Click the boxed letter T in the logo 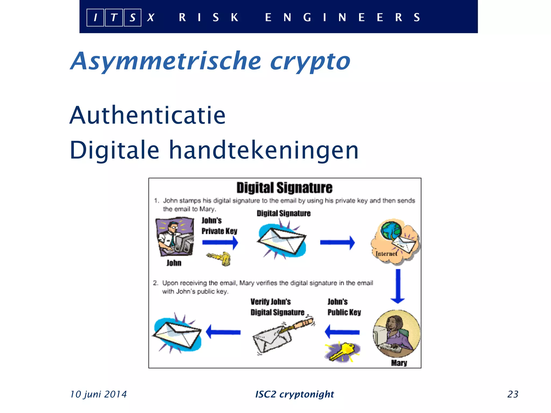tap(114, 18)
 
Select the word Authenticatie tap(147, 115)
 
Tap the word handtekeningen tap(264, 150)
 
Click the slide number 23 tap(513, 394)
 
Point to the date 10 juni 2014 tap(98, 394)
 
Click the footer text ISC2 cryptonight tap(294, 394)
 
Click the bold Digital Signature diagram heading tap(284, 188)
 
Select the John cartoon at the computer tap(175, 237)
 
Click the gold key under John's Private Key tap(220, 258)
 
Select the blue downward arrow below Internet tap(398, 286)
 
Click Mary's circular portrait tap(397, 333)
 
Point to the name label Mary tap(399, 363)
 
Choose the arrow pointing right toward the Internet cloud tap(337, 243)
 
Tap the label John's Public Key tap(344, 307)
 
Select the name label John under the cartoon tap(174, 263)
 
